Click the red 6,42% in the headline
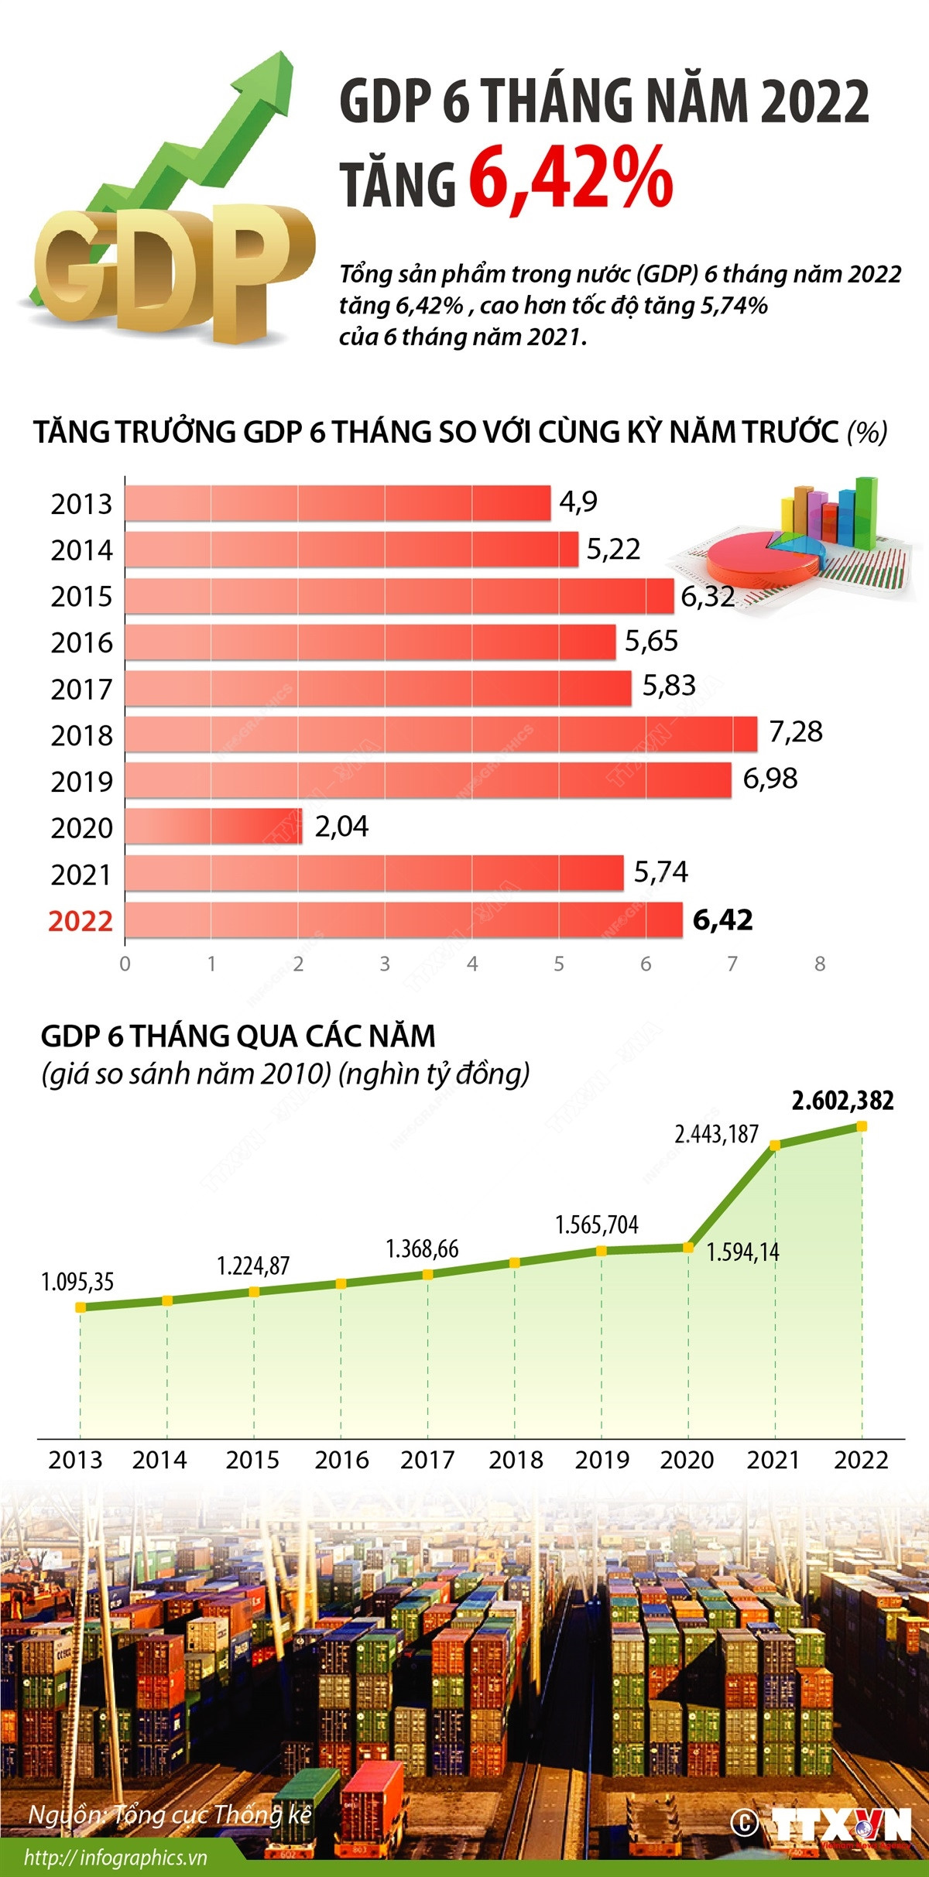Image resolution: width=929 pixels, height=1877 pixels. pyautogui.click(x=571, y=178)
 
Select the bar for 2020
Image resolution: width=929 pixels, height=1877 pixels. pyautogui.click(x=213, y=826)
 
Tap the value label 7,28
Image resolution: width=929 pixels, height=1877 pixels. pyautogui.click(x=795, y=731)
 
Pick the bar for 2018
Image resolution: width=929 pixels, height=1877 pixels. pyautogui.click(x=441, y=734)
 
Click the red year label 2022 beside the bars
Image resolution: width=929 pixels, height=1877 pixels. pyautogui.click(x=81, y=921)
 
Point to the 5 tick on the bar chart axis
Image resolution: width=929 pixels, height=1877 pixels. pyautogui.click(x=559, y=964)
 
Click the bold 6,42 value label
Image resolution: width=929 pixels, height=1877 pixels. pyautogui.click(x=722, y=920)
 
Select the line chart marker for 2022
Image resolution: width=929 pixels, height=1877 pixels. pyautogui.click(x=862, y=1126)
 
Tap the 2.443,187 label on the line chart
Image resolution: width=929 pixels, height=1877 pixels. pyautogui.click(x=716, y=1135)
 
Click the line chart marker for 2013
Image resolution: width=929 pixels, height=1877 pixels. pyautogui.click(x=80, y=1307)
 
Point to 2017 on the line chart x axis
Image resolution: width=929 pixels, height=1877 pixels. pyautogui.click(x=427, y=1460)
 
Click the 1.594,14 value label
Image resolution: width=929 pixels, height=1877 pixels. pyautogui.click(x=742, y=1252)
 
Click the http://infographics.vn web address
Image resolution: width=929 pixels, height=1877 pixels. pyautogui.click(x=115, y=1858)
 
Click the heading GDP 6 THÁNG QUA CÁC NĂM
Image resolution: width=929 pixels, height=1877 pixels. pyautogui.click(x=238, y=1036)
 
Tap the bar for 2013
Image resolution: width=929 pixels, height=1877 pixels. pyautogui.click(x=337, y=503)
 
